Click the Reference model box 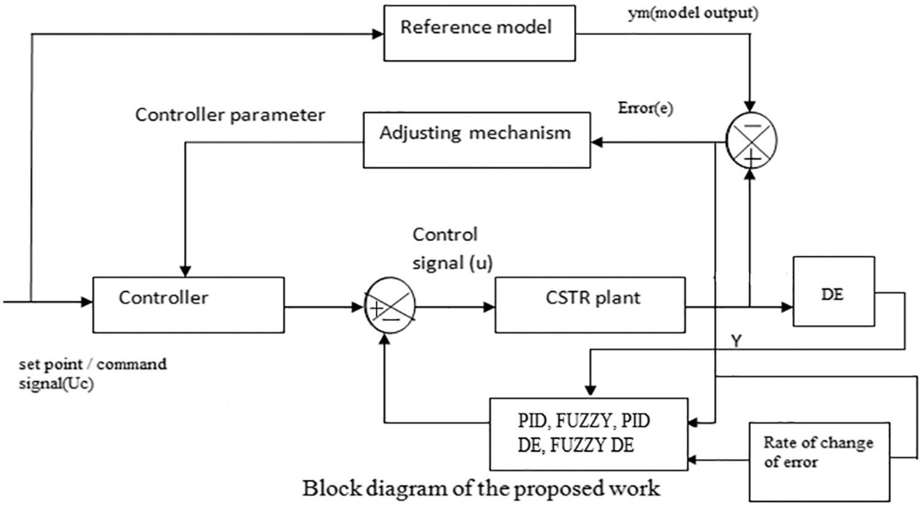click(x=479, y=33)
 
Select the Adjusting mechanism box click(x=476, y=140)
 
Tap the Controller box click(x=188, y=305)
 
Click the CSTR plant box click(x=590, y=305)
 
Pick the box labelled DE click(x=833, y=291)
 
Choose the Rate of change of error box click(x=819, y=461)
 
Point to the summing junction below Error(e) click(x=750, y=140)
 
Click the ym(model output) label click(x=692, y=12)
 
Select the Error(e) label click(x=645, y=109)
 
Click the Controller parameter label click(x=230, y=115)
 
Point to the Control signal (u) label click(x=451, y=248)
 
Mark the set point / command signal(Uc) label click(x=92, y=373)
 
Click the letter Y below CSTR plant click(x=736, y=341)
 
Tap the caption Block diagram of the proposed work click(x=481, y=488)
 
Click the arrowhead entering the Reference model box click(x=378, y=34)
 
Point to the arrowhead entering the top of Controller click(x=185, y=271)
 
